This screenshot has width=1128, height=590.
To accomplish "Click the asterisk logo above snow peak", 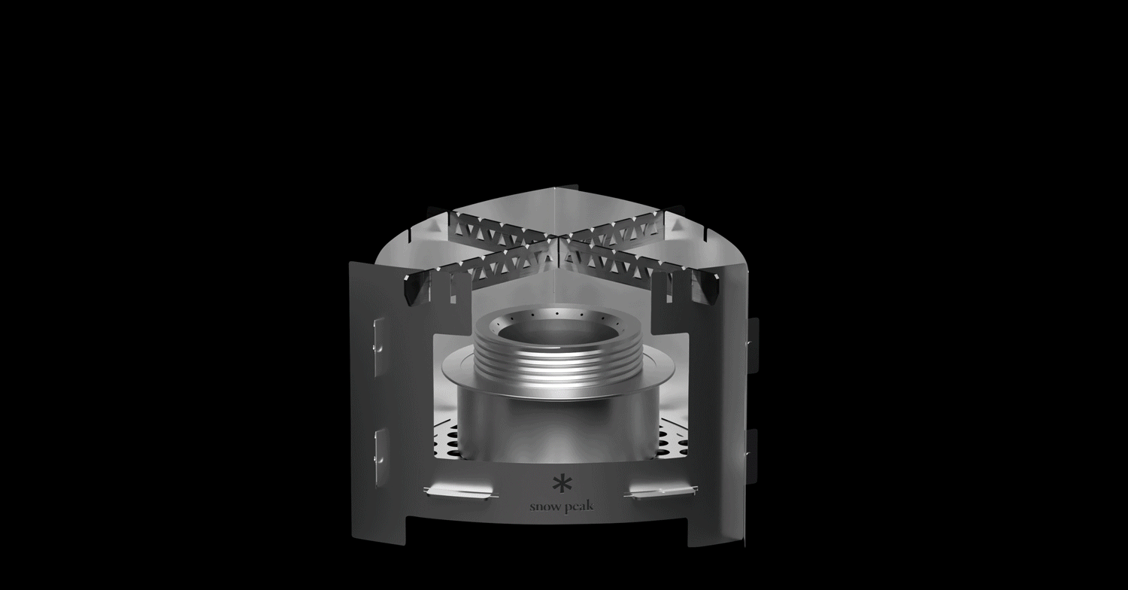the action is click(x=559, y=485).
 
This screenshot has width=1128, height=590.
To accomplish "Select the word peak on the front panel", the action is click(x=579, y=506).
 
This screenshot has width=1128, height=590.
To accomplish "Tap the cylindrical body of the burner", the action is click(x=559, y=428).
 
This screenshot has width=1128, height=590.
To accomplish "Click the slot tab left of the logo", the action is click(x=459, y=491).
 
